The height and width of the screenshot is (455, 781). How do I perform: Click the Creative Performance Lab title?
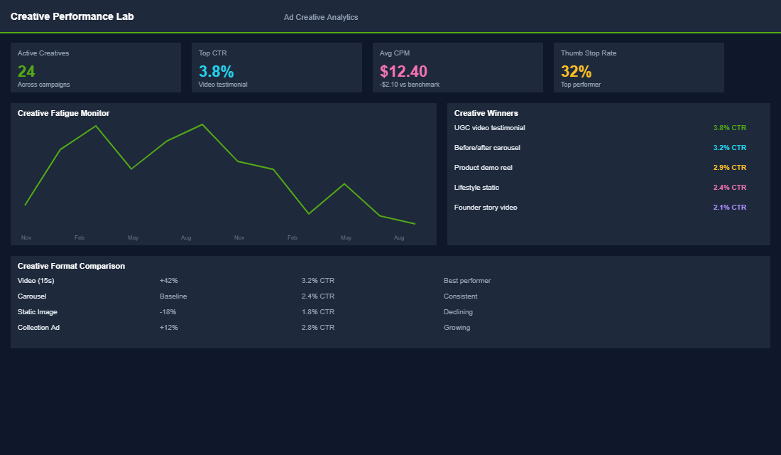(72, 16)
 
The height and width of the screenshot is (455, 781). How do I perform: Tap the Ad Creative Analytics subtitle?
(321, 17)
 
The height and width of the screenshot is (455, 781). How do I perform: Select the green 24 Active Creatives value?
(26, 71)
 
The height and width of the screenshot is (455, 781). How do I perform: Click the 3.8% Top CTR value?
(216, 71)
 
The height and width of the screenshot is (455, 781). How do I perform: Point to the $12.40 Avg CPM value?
(403, 71)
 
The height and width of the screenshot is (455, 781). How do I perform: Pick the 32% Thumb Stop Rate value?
(576, 71)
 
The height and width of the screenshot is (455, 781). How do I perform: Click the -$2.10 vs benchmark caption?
(410, 85)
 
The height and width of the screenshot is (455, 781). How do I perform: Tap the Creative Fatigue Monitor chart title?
(63, 113)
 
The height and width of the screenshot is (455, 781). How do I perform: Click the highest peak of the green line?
(202, 124)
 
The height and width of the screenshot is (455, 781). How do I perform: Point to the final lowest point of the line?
(415, 224)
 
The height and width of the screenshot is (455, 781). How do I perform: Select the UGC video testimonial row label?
(489, 128)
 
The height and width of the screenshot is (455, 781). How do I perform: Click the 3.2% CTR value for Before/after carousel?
(729, 148)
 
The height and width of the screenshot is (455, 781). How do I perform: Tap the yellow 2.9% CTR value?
(729, 168)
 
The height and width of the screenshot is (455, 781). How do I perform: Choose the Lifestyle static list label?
(476, 188)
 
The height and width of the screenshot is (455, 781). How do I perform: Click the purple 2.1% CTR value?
(729, 208)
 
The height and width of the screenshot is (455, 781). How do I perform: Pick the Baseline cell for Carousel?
(173, 296)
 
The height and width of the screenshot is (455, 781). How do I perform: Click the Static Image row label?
(38, 312)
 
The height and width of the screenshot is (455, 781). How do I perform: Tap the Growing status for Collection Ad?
(457, 328)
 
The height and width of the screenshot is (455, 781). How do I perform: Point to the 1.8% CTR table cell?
(317, 312)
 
